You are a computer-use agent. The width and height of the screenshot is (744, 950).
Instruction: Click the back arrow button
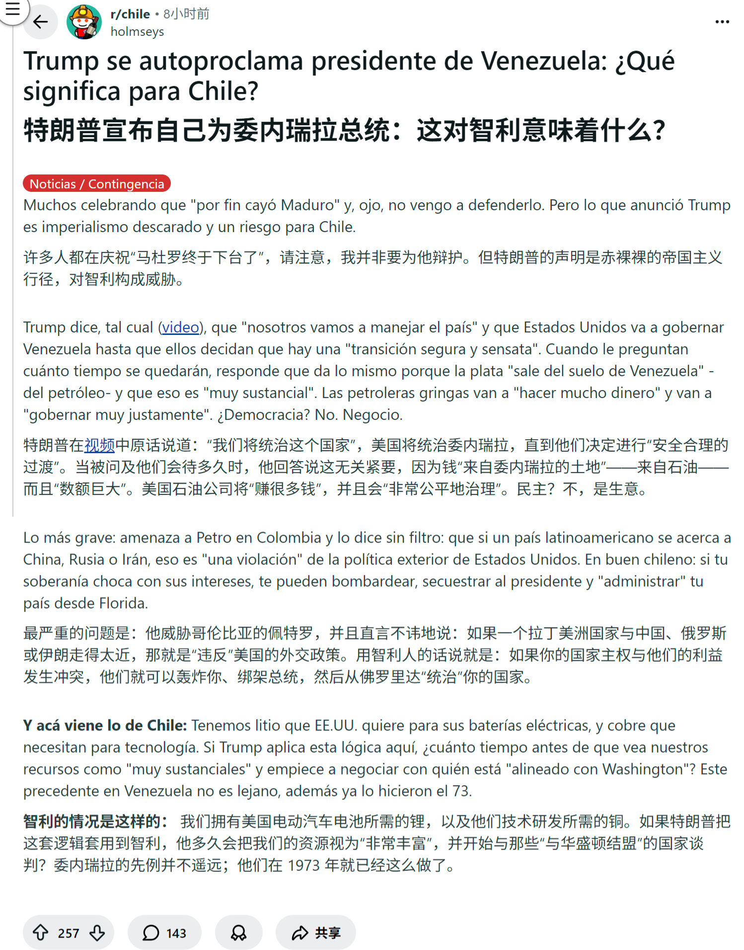[40, 22]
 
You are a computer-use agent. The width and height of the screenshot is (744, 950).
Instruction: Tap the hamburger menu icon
[12, 9]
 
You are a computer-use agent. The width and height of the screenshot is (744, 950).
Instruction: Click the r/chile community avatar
[84, 22]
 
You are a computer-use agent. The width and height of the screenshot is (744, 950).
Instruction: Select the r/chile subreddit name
[130, 14]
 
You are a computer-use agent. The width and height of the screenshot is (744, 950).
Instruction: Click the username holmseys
[137, 32]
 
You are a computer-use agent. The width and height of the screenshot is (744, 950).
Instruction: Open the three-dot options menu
[722, 22]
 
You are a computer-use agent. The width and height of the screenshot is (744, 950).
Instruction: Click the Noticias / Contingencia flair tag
[97, 184]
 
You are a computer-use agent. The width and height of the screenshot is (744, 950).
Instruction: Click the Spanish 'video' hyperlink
[180, 327]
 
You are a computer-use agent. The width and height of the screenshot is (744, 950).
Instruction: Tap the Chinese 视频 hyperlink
[99, 445]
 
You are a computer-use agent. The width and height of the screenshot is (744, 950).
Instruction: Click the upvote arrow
[41, 933]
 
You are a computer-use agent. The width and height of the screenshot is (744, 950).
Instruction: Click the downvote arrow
[97, 933]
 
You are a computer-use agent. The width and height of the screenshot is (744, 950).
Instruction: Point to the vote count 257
[69, 934]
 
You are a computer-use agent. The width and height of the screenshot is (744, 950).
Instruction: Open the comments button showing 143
[164, 933]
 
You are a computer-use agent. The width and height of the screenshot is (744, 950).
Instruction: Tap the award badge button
[238, 933]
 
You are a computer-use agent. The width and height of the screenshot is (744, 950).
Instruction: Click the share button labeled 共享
[316, 933]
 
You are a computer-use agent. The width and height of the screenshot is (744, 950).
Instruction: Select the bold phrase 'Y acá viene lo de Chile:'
[105, 726]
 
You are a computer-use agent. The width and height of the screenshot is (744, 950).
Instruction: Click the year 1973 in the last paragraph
[303, 866]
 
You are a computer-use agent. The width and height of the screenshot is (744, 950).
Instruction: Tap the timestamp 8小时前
[186, 14]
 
